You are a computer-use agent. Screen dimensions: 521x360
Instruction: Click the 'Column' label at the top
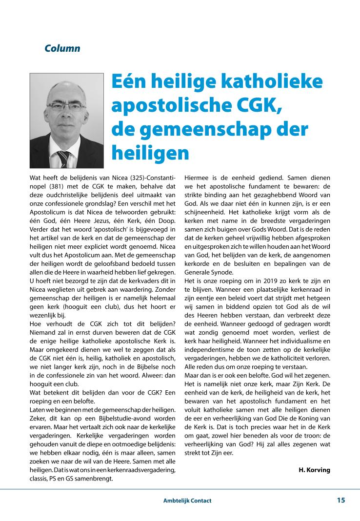[62, 49]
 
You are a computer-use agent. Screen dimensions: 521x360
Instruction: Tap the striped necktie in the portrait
[64, 158]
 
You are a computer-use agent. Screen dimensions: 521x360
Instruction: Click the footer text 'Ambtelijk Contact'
[187, 501]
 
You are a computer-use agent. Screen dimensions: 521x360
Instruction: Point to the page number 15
[340, 500]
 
